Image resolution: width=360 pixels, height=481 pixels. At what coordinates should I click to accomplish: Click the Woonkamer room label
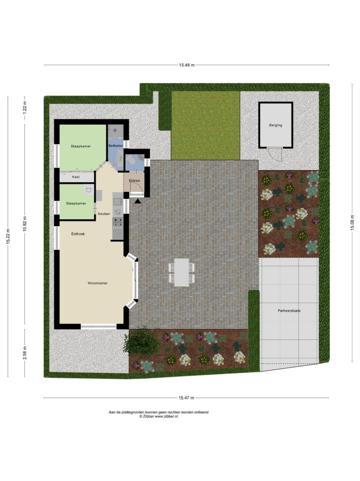(x=97, y=283)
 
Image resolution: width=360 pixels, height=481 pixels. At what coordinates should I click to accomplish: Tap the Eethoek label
(x=78, y=234)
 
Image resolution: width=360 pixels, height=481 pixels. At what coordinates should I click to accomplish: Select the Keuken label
(x=104, y=214)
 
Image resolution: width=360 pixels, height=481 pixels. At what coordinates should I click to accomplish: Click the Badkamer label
(x=116, y=146)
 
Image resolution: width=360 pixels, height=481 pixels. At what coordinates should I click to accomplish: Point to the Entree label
(x=134, y=181)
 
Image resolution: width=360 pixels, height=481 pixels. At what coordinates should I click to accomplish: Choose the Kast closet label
(x=76, y=177)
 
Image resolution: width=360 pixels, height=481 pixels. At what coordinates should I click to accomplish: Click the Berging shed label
(x=275, y=125)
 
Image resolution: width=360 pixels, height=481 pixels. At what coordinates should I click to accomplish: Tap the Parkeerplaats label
(x=289, y=311)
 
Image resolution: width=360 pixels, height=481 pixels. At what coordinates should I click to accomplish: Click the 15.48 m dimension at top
(x=186, y=65)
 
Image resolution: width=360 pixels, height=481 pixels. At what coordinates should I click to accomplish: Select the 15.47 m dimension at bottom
(x=186, y=398)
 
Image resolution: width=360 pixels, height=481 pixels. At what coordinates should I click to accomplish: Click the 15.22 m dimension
(x=8, y=236)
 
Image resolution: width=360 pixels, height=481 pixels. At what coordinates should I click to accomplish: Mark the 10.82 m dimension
(x=25, y=224)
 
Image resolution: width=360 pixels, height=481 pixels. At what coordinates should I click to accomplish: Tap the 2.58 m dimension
(x=25, y=353)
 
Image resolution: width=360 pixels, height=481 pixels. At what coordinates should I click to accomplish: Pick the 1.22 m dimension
(x=25, y=107)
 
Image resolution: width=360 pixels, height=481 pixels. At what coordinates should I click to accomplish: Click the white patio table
(x=182, y=273)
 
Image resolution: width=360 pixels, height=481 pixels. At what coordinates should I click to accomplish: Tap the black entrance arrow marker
(x=138, y=201)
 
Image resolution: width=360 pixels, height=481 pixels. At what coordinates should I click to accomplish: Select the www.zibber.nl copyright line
(x=158, y=416)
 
